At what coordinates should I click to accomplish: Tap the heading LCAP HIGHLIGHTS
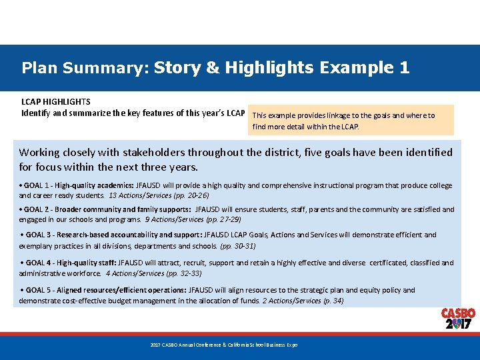56,102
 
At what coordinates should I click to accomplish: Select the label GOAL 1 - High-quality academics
78,185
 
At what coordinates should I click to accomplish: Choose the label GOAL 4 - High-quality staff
69,263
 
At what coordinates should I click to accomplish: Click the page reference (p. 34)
331,301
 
